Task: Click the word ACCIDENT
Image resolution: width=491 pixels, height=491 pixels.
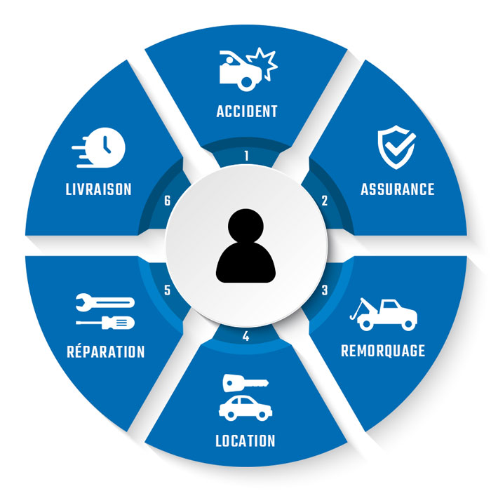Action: (x=247, y=111)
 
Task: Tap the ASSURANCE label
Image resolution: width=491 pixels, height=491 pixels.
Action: (x=397, y=189)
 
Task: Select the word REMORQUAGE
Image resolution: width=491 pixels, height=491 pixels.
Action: (x=383, y=351)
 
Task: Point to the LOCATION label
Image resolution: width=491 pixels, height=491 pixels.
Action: (x=245, y=441)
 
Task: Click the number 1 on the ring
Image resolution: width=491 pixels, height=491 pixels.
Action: (x=246, y=155)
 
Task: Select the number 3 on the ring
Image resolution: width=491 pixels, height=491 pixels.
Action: (x=324, y=290)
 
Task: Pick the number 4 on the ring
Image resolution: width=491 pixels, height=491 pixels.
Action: (x=245, y=336)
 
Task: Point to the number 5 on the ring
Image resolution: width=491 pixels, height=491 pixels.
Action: (x=168, y=290)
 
